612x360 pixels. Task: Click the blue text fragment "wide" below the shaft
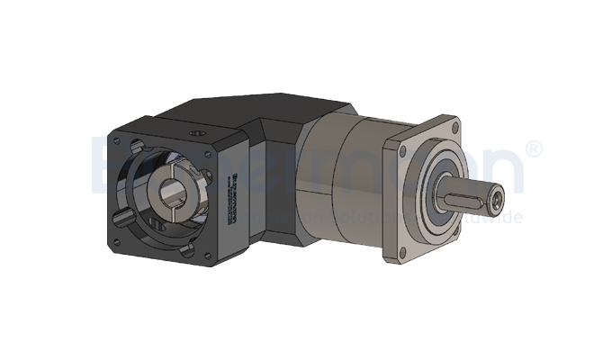pos(505,217)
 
